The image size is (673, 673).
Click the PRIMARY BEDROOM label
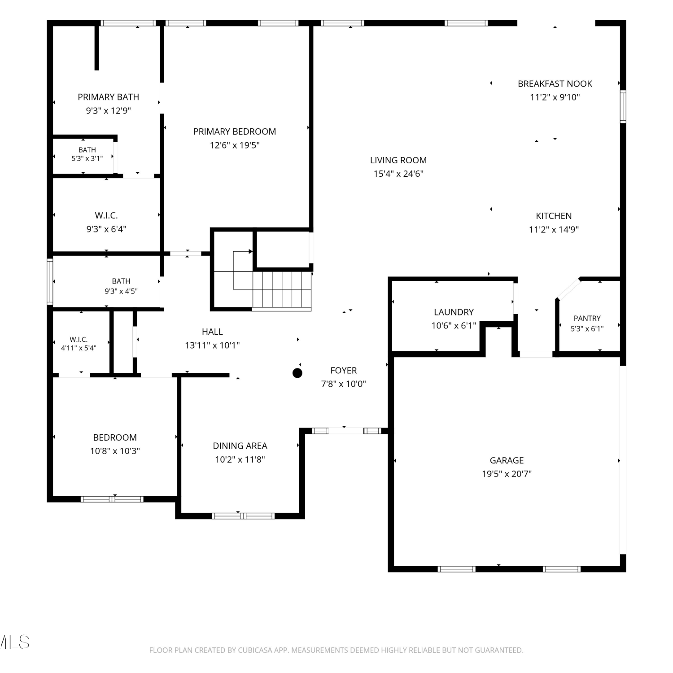point(235,131)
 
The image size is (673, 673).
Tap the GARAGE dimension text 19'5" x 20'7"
point(507,474)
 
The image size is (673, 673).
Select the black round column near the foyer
point(297,373)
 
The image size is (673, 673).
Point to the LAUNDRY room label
point(454,312)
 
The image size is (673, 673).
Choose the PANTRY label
point(587,319)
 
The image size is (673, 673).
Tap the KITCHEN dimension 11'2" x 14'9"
point(554,230)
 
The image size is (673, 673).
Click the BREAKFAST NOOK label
point(555,84)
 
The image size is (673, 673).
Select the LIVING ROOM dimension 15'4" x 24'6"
point(398,174)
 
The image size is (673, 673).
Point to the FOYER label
point(344,371)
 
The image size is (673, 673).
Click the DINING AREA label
point(240,446)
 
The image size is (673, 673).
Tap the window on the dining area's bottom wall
point(243,516)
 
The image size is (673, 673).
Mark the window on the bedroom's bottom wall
point(112,499)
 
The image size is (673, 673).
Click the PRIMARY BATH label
point(109,97)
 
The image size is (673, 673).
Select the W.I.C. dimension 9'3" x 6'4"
point(106,229)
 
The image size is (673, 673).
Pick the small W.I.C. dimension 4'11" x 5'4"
point(79,348)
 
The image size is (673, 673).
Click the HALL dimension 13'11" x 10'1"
point(212,345)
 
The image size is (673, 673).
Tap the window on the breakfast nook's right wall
point(623,106)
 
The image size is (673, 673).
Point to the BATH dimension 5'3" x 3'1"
point(87,158)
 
